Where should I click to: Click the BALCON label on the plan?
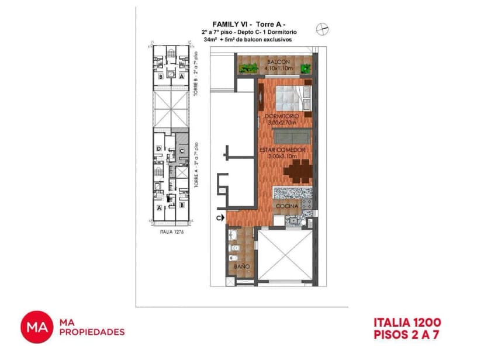coord(275,62)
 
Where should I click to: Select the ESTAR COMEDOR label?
coord(283,150)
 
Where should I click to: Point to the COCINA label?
coord(287,206)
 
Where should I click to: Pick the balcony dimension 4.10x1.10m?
coord(275,68)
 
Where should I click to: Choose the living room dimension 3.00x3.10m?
coord(283,156)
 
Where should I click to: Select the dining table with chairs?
coord(297,171)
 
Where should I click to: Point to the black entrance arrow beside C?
coord(223,219)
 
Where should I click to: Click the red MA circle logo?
coord(37,327)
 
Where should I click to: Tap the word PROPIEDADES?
coord(92,332)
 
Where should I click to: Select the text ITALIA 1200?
coord(407,322)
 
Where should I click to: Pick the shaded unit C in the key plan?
coord(182,151)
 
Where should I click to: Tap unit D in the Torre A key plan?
coord(160,149)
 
